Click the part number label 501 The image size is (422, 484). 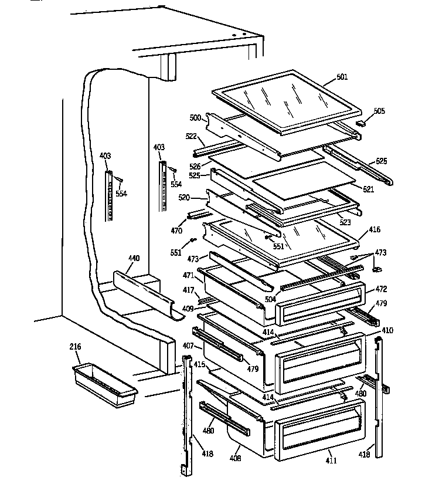(342, 76)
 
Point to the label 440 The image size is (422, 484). (134, 258)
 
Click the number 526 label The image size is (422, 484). (195, 166)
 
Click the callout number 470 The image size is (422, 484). (176, 231)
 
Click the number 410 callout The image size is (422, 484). (387, 330)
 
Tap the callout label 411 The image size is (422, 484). (332, 461)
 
